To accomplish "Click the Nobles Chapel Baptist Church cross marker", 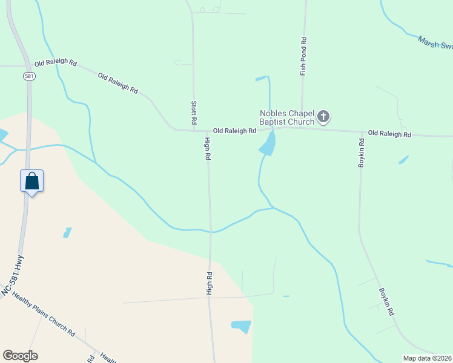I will [x=324, y=117].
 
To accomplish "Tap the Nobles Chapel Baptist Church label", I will [x=287, y=117].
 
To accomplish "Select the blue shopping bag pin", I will [x=31, y=181].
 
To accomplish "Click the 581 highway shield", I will [x=29, y=76].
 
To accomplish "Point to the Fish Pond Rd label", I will [x=304, y=56].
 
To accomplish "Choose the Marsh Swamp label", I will [x=435, y=43].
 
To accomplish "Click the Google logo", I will [x=19, y=355].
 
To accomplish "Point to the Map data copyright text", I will [x=427, y=358].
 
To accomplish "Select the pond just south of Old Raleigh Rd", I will [x=267, y=145].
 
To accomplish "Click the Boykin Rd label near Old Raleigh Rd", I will [x=361, y=153].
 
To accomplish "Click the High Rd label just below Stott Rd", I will [x=207, y=149].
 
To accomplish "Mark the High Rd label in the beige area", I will [x=210, y=283].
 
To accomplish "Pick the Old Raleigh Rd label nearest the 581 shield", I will [x=56, y=63].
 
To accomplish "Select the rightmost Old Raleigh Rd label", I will [x=389, y=134].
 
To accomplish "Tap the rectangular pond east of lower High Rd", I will [x=241, y=327].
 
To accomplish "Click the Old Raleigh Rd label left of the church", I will [x=234, y=131].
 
